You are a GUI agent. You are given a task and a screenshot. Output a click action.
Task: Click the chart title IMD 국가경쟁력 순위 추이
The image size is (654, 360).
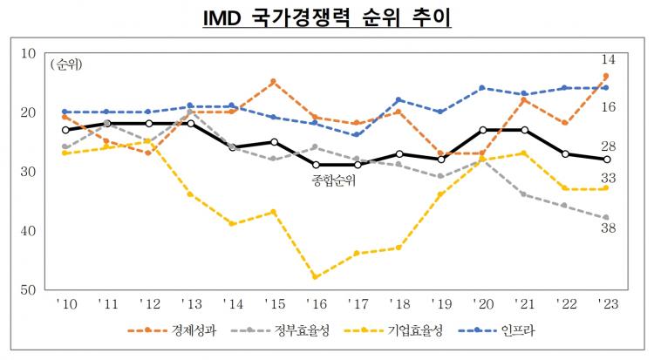tap(326, 17)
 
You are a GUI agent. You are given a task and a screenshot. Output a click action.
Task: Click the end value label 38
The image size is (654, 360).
tap(610, 229)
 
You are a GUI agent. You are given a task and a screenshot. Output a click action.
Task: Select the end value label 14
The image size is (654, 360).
tap(610, 59)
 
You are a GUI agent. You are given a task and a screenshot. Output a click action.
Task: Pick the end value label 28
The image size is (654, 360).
tap(610, 146)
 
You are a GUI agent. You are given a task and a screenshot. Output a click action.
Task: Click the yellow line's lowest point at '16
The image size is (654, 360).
tap(315, 276)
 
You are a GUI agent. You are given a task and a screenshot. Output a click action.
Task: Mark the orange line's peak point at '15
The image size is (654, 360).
tap(274, 82)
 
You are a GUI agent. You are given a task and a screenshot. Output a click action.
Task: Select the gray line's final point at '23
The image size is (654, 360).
tap(606, 218)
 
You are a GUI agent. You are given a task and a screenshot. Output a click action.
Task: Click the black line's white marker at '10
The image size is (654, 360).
tap(66, 130)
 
